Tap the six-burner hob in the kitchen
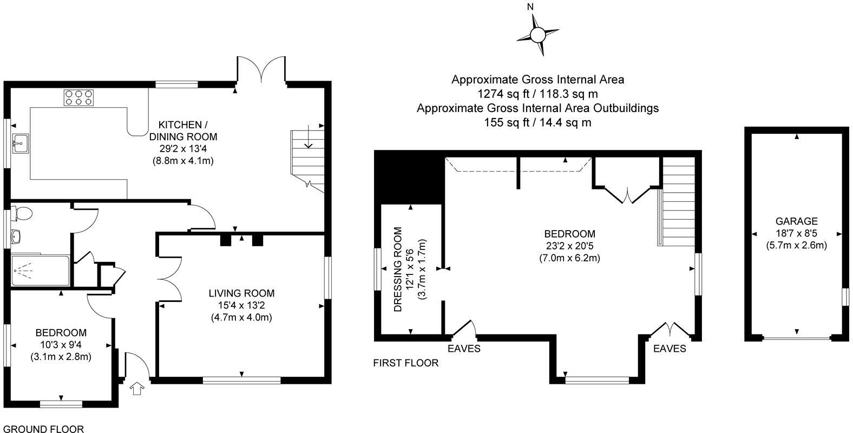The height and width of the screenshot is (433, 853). point(77,97)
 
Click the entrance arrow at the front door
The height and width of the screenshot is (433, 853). point(137,389)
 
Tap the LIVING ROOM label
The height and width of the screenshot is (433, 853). point(241,293)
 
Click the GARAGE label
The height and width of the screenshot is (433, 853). point(796,221)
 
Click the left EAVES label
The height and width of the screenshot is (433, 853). point(464,349)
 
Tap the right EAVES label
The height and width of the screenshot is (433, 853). point(670,349)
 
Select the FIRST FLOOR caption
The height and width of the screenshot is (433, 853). point(405,363)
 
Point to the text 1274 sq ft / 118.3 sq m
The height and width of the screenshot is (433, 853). point(537,94)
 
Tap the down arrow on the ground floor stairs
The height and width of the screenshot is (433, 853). point(309,138)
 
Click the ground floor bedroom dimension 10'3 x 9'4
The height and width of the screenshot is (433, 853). point(61,345)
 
